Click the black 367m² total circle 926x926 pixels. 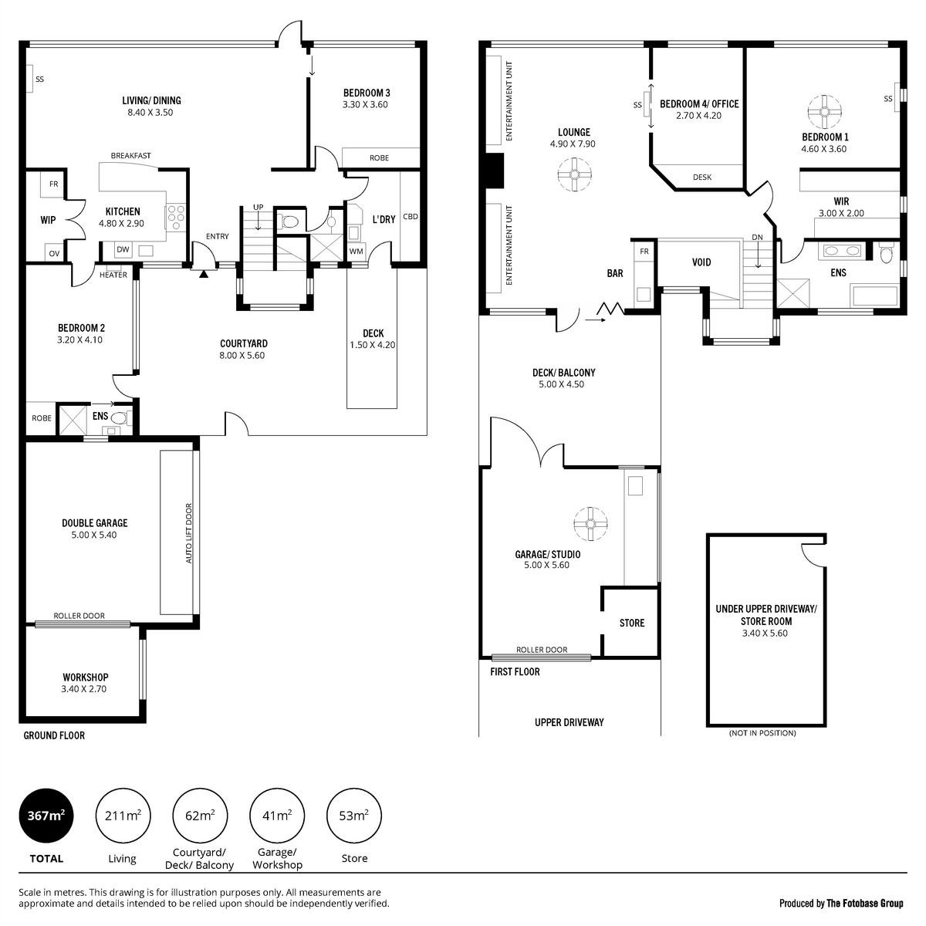coord(46,816)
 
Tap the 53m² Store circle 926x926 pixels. coord(353,816)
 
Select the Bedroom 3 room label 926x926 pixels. coord(367,93)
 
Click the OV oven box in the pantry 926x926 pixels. coord(54,253)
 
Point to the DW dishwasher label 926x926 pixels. coord(123,249)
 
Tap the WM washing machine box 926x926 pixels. coord(356,252)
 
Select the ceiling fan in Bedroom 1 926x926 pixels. coord(824,112)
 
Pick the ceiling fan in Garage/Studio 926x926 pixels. coord(590,524)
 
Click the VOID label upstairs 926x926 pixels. coord(701,262)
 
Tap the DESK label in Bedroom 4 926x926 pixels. coord(702,177)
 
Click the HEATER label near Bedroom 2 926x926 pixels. coord(113,275)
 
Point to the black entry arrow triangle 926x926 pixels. coord(204,274)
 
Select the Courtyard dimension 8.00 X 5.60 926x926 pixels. coord(242,356)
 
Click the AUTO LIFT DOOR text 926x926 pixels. coord(189,533)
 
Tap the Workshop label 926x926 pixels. coord(86,677)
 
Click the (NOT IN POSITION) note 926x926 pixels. coord(762,733)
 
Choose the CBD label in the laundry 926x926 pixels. coord(411,217)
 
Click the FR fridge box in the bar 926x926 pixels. coord(644,252)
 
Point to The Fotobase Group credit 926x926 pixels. coord(864,904)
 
